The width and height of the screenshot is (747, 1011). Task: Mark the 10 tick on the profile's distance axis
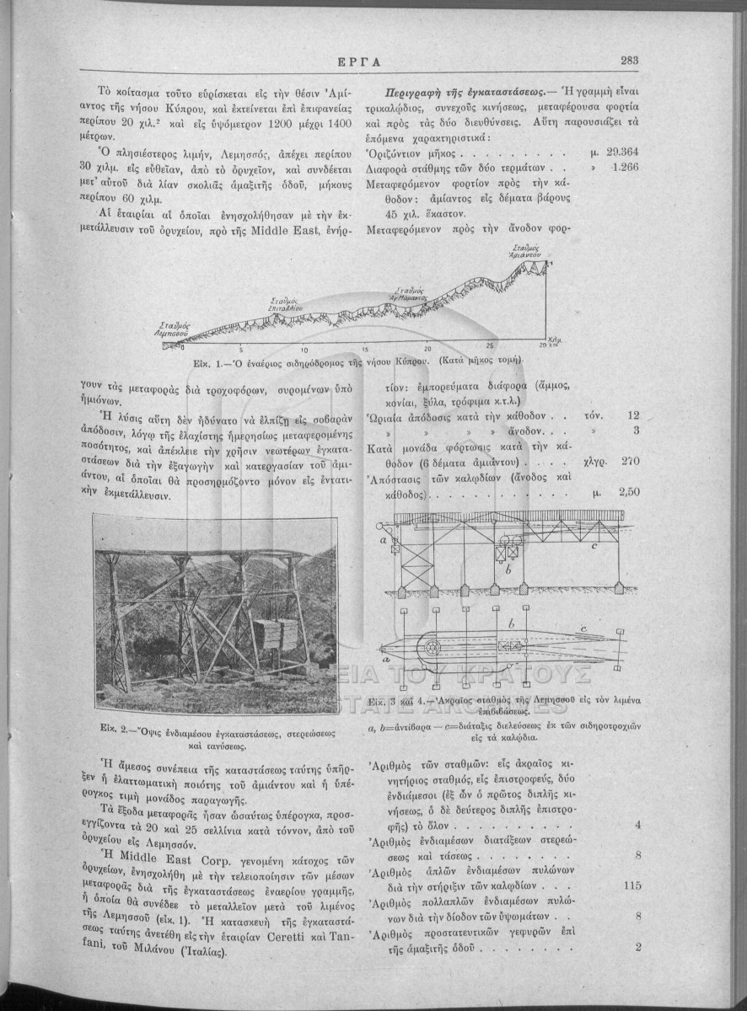[x=304, y=349]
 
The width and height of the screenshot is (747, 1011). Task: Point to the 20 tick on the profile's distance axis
[x=428, y=349]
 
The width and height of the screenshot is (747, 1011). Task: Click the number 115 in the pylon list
[x=633, y=886]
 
